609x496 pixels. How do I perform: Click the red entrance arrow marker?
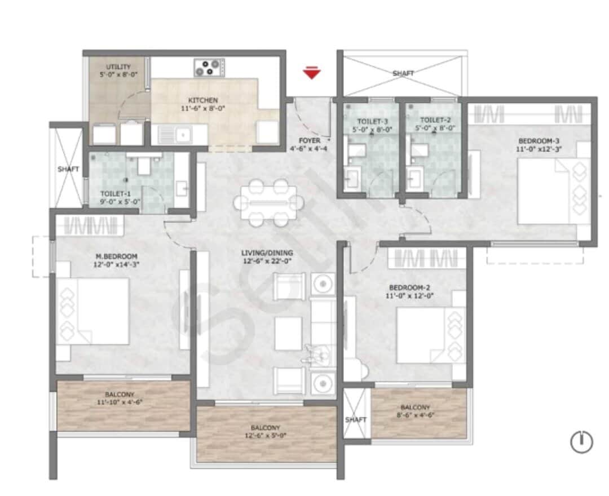pyautogui.click(x=311, y=73)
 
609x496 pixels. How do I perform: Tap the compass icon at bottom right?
pyautogui.click(x=581, y=441)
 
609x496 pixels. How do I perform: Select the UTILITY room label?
pyautogui.click(x=118, y=67)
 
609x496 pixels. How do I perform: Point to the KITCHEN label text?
pyautogui.click(x=204, y=100)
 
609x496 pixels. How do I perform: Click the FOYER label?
pyautogui.click(x=310, y=140)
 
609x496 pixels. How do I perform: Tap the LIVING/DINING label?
pyautogui.click(x=267, y=253)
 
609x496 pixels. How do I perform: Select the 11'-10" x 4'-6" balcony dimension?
pyautogui.click(x=119, y=402)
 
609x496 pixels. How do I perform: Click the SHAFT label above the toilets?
pyautogui.click(x=403, y=73)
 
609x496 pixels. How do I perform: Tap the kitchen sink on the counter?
pyautogui.click(x=182, y=135)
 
